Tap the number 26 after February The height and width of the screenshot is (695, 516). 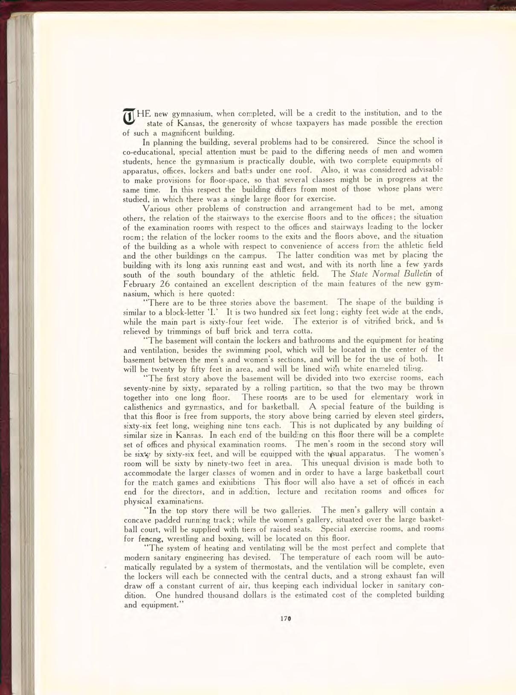tap(167, 284)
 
